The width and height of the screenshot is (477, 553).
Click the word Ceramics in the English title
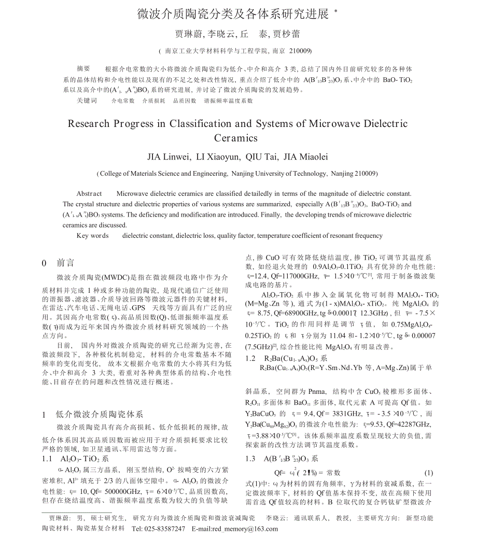pyautogui.click(x=236, y=138)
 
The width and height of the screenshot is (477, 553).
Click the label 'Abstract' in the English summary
pyautogui.click(x=89, y=193)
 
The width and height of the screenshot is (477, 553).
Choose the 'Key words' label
pyautogui.click(x=92, y=235)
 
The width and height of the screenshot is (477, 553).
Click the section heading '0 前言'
pyautogui.click(x=58, y=263)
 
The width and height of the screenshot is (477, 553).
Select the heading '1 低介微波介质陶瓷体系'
pyautogui.click(x=92, y=414)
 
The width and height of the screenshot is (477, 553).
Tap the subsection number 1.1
pyautogui.click(x=47, y=459)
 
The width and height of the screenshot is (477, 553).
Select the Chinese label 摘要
pyautogui.click(x=83, y=68)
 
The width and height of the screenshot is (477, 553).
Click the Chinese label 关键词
pyautogui.click(x=87, y=101)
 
